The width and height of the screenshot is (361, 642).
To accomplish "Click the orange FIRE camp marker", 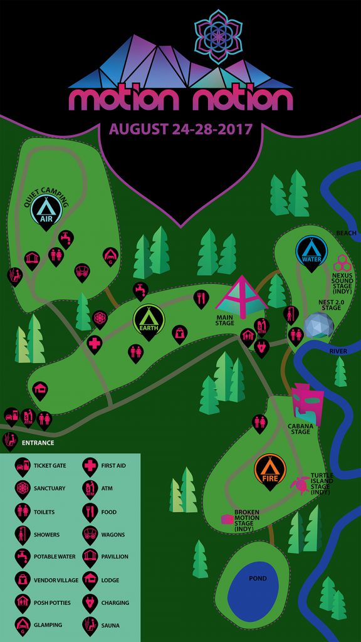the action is pyautogui.click(x=270, y=470).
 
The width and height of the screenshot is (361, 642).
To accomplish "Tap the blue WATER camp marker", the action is pyautogui.click(x=312, y=252).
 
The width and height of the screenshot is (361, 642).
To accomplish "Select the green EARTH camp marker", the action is pyautogui.click(x=149, y=320).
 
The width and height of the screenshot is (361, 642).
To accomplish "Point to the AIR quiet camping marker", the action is pyautogui.click(x=46, y=211).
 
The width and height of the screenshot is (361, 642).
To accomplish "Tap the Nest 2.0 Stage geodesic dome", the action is pyautogui.click(x=319, y=325).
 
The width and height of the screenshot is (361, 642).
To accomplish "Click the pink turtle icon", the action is pyautogui.click(x=301, y=485).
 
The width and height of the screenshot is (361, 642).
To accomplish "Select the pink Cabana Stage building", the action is pyautogui.click(x=307, y=404).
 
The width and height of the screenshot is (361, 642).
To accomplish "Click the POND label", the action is pyautogui.click(x=258, y=578).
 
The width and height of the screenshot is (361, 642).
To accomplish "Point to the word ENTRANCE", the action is pyautogui.click(x=38, y=443).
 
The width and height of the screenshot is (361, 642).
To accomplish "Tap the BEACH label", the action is pyautogui.click(x=346, y=233).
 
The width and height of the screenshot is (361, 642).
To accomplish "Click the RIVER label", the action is pyautogui.click(x=338, y=351).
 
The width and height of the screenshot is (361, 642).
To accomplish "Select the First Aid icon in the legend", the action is pyautogui.click(x=90, y=466).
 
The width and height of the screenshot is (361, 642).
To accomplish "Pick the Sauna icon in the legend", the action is pyautogui.click(x=90, y=625).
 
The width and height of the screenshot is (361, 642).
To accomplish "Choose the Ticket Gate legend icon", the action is pyautogui.click(x=23, y=466).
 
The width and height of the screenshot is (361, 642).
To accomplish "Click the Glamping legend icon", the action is pyautogui.click(x=23, y=625).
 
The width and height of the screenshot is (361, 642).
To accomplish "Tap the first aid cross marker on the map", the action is pyautogui.click(x=95, y=344).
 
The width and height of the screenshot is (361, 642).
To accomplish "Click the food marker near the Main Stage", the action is pyautogui.click(x=201, y=298).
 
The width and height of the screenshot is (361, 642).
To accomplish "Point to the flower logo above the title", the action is pyautogui.click(x=219, y=36).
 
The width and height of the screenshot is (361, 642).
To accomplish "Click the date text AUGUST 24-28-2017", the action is pyautogui.click(x=180, y=129).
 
